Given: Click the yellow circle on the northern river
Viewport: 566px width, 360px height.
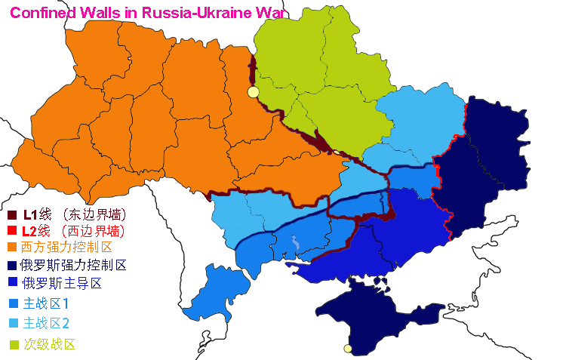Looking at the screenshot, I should [253, 92].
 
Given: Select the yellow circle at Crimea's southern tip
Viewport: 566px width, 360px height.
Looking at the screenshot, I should [348, 348].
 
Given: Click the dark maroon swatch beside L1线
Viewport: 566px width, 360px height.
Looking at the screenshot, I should [11, 215].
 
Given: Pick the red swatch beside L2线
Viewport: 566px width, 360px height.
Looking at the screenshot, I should [11, 231].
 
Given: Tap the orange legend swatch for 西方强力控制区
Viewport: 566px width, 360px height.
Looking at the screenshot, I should [11, 248].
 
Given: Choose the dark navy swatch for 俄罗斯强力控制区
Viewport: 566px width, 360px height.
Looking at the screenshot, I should [11, 266].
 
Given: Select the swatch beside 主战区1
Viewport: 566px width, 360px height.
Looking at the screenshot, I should [11, 304].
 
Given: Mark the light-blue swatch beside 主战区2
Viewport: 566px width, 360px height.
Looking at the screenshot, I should [11, 323].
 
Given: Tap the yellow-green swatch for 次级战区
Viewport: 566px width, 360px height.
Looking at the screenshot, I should [11, 344].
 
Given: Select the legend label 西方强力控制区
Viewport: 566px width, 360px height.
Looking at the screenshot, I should [66, 248].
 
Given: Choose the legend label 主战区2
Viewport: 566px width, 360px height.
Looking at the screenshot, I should [46, 323].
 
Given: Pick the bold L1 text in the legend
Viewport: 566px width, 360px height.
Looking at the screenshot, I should [30, 214].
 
